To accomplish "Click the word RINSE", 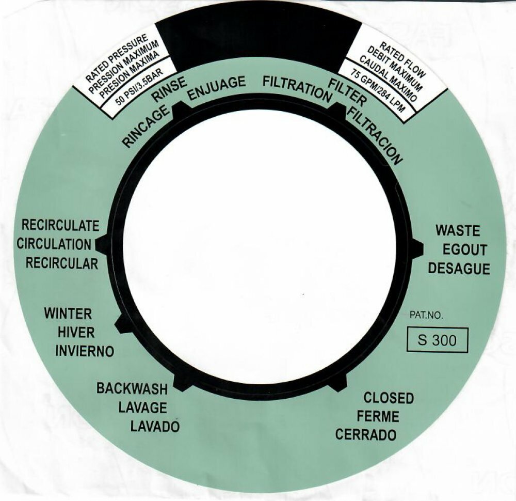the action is pos(169,89).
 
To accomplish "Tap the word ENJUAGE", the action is pos(217,88).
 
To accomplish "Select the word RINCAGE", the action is pos(146,127).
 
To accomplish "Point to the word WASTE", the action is pos(457,230).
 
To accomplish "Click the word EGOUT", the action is pos(464,250).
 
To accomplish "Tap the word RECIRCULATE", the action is pos(60,226).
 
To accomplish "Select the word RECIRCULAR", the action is pos(62,263).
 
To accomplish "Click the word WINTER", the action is pos(68,314).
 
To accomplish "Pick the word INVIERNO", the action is pos(85,351).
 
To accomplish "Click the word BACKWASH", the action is pos(132,389).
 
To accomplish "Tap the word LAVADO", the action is pos(155,427).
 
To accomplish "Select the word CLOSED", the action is pos(389,398).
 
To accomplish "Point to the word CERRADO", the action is pos(366,435).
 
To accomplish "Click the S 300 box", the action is pos(438,340).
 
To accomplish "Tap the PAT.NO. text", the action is pos(427,316).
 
